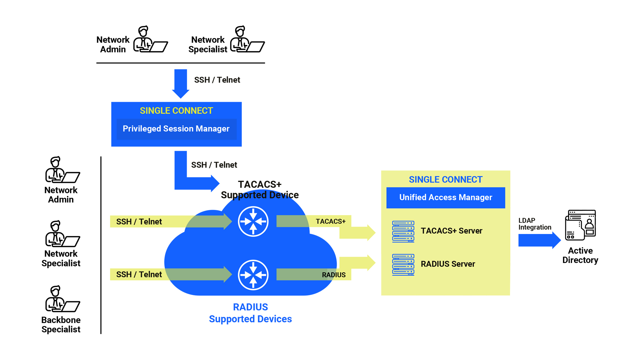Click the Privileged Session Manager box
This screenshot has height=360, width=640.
pos(176,129)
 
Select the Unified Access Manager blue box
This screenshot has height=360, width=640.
pos(445,197)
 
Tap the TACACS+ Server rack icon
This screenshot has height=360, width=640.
pos(403,231)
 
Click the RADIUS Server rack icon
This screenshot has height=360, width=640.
pos(403,265)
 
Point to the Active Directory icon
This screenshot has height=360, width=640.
pos(580,225)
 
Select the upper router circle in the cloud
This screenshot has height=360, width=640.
pos(253,221)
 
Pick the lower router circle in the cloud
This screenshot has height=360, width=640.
pos(253,275)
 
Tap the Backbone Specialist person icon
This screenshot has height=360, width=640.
pos(62,299)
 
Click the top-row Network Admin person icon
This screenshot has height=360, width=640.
pos(150,39)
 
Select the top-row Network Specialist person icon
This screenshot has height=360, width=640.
pos(247,39)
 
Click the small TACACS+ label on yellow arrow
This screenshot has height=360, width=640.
pos(330,221)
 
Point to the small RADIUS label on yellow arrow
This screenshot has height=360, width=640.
pos(333,275)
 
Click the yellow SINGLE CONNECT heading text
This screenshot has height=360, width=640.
pos(176,111)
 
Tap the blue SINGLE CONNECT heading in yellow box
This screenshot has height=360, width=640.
pos(445,180)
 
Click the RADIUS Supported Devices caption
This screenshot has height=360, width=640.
pos(250,313)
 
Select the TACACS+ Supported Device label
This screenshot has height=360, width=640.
pos(260,189)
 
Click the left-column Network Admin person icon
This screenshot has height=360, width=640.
pos(62,170)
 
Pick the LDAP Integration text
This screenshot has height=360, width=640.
pos(534,224)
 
